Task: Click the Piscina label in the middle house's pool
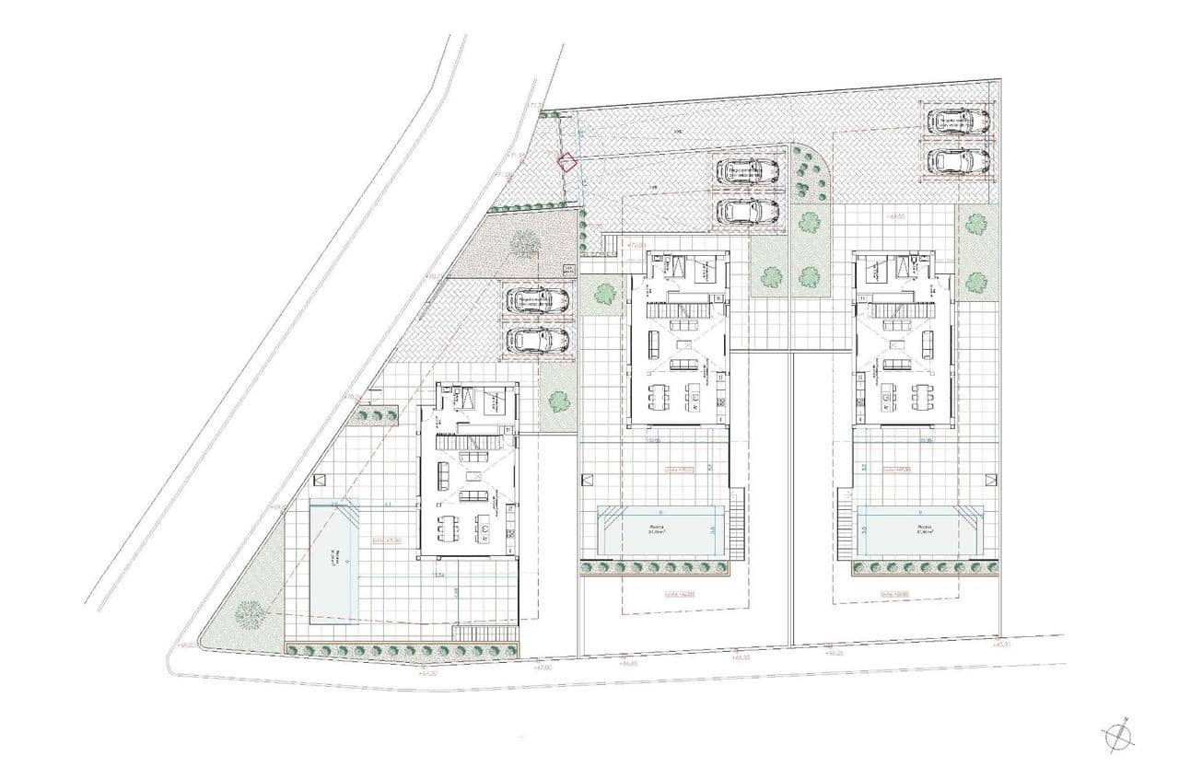[657, 529]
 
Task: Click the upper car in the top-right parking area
[958, 122]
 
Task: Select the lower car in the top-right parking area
[958, 161]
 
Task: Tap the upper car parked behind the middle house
[748, 171]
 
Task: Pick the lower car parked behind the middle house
[748, 210]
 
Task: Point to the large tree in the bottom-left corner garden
[249, 611]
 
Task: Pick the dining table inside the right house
[922, 396]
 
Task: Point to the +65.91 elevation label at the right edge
[1003, 645]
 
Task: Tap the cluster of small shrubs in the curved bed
[809, 175]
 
